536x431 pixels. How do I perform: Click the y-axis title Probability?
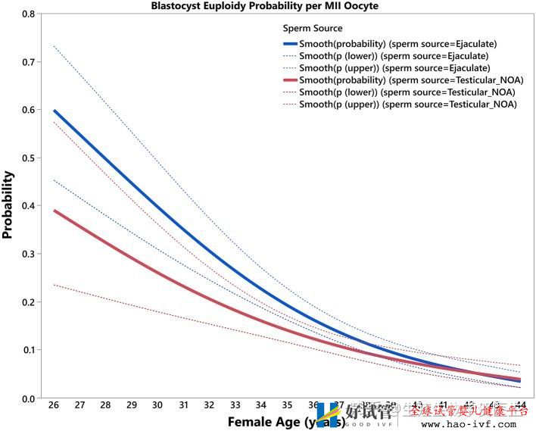(x=8, y=205)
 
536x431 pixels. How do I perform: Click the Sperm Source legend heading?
(x=313, y=29)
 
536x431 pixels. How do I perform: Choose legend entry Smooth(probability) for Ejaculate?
(x=397, y=44)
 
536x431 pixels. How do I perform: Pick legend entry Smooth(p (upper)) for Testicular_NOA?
(x=407, y=105)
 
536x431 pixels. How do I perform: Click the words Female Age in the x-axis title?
(x=263, y=421)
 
